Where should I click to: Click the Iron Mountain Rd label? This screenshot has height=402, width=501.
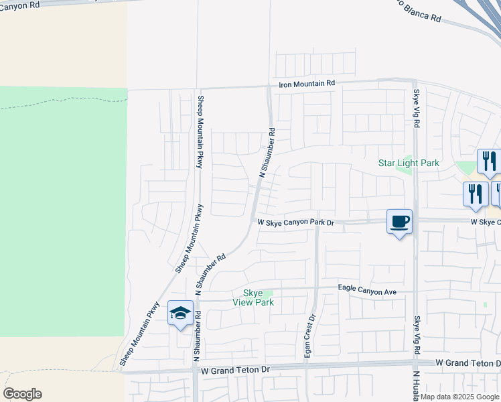(307, 84)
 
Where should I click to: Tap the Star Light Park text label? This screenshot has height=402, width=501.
(409, 163)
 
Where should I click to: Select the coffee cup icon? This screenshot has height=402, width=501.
(399, 221)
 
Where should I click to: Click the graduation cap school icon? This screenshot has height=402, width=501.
(180, 313)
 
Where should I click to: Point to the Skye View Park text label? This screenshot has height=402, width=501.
(253, 297)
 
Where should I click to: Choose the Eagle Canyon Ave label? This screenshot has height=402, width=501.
(368, 291)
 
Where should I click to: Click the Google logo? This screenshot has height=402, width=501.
(22, 394)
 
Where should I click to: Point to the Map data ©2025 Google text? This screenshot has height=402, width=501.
(459, 397)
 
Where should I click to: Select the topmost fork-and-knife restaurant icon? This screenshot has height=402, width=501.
(489, 161)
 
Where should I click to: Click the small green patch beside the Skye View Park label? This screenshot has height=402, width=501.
(269, 293)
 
